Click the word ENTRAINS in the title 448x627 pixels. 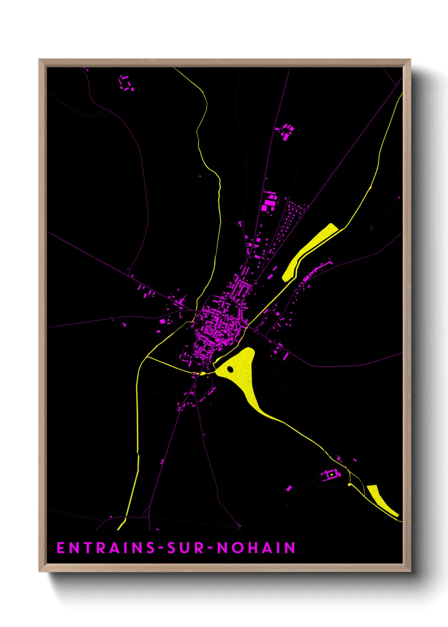tap(106, 548)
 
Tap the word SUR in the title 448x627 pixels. tap(186, 548)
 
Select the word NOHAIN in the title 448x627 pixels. tap(256, 548)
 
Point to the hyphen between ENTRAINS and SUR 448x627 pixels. tap(161, 548)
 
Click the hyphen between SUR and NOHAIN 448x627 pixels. tap(211, 548)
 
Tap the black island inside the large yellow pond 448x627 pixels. tap(230, 369)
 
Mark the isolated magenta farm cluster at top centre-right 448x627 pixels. tap(286, 131)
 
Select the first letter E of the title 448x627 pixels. tap(61, 548)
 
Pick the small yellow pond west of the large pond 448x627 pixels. tap(203, 373)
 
